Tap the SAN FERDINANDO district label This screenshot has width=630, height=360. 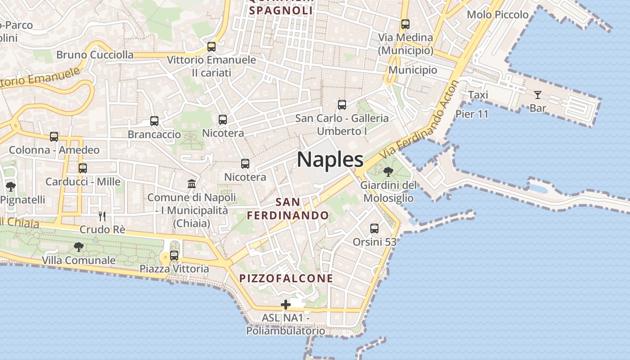(x=288, y=209)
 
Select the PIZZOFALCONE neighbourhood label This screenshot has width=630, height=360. (x=286, y=278)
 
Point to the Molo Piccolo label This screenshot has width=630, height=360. (x=497, y=14)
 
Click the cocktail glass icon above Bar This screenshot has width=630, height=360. (x=537, y=95)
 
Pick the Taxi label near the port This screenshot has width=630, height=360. (x=478, y=95)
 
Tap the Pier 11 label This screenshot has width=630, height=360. (x=472, y=114)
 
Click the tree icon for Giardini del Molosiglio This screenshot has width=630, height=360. (x=388, y=171)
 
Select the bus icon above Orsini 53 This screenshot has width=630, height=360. (x=374, y=229)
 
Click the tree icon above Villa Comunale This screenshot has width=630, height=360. (x=78, y=247)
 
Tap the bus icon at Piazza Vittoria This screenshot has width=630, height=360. (x=174, y=256)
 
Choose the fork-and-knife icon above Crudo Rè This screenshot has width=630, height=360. (x=102, y=216)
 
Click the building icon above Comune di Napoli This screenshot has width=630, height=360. (x=192, y=184)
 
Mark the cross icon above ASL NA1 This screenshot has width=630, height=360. (x=285, y=305)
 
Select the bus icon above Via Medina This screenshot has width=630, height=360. (x=405, y=24)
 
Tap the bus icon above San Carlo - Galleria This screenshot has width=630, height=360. (x=342, y=105)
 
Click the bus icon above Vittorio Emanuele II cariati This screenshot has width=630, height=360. (x=211, y=46)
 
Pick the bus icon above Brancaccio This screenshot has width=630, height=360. (x=154, y=121)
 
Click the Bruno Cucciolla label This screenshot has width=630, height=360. (x=95, y=55)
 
